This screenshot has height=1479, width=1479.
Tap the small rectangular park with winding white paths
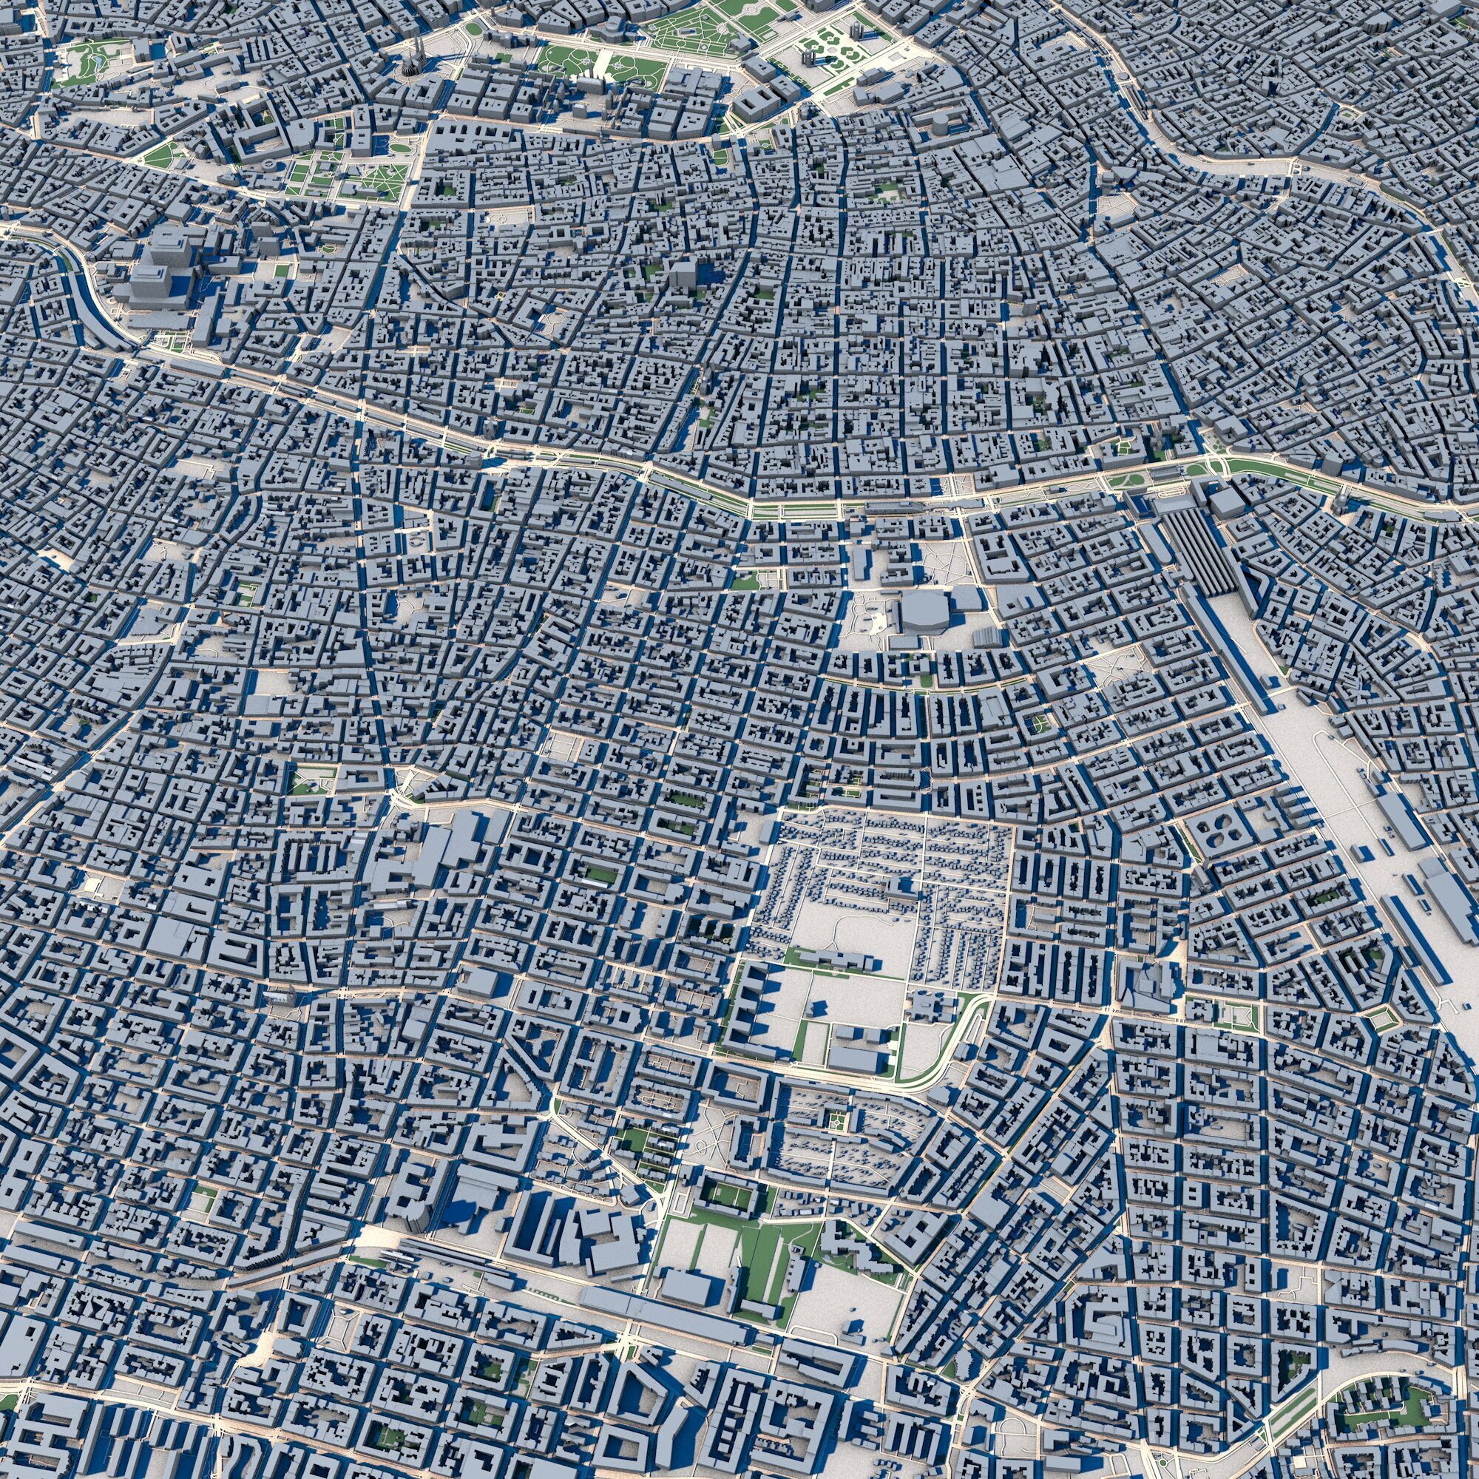pyautogui.click(x=312, y=779)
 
